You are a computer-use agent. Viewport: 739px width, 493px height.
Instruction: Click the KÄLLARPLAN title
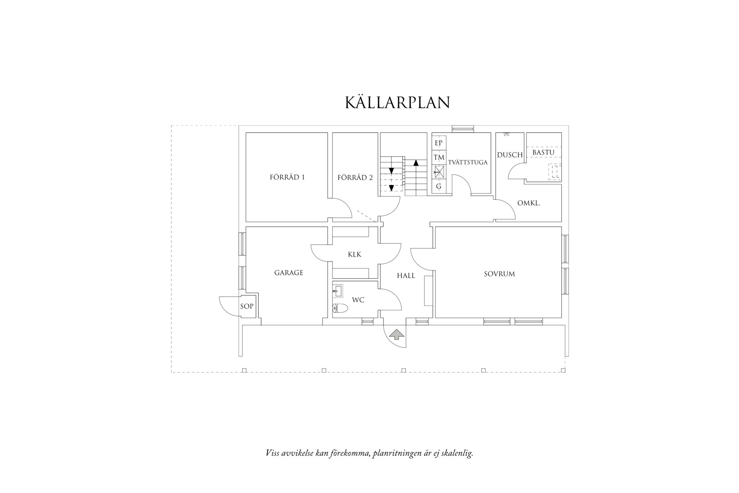[397, 103]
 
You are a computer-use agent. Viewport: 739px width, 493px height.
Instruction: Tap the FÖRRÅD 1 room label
[287, 177]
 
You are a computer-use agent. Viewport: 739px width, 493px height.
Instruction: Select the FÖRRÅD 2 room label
[355, 178]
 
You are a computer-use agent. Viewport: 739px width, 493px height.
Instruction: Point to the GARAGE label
[289, 273]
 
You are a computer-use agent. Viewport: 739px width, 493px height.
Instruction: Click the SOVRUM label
[499, 274]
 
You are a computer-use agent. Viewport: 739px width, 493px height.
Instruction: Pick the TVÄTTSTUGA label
[467, 162]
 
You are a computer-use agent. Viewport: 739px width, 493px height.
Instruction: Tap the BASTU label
[543, 152]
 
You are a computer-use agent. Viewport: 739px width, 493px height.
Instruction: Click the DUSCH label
[509, 155]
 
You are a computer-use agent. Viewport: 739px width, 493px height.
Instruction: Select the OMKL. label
[529, 204]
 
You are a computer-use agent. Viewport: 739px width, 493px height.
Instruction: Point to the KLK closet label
[355, 254]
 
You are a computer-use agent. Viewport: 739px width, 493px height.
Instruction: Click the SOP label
[247, 307]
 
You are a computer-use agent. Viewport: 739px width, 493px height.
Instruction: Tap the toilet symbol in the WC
[340, 308]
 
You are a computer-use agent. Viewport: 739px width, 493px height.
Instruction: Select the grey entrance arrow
[396, 334]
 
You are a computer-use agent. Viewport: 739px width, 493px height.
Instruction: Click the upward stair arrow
[416, 162]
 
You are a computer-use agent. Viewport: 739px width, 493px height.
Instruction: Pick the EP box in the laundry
[438, 143]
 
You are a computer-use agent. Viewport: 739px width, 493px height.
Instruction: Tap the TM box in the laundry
[438, 158]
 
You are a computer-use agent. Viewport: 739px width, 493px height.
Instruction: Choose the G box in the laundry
[438, 187]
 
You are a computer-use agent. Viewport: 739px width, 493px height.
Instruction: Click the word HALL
[406, 275]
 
